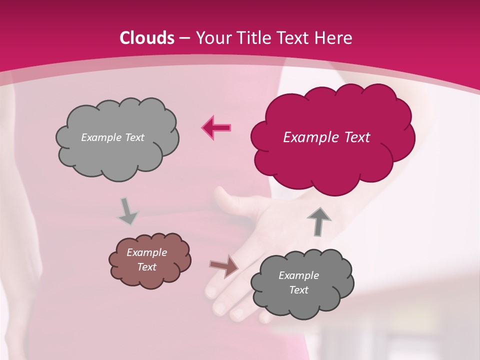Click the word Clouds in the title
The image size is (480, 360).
click(x=147, y=38)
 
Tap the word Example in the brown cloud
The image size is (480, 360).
click(x=146, y=252)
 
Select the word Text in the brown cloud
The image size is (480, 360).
click(x=147, y=267)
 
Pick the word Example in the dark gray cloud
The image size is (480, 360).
click(x=298, y=275)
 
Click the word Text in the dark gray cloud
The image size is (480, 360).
click(x=298, y=290)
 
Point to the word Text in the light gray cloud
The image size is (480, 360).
click(x=134, y=137)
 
